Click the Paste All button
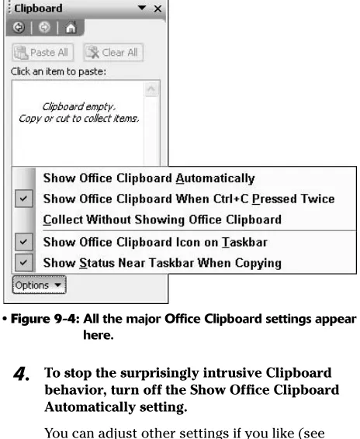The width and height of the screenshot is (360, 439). click(43, 53)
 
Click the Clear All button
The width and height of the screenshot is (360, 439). click(113, 53)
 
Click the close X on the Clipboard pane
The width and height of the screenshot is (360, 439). click(157, 9)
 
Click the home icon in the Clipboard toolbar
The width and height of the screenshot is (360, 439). click(71, 27)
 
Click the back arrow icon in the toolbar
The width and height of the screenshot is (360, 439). click(19, 27)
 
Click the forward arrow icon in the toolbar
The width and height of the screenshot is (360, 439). click(44, 27)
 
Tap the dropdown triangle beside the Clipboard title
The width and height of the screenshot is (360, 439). click(142, 8)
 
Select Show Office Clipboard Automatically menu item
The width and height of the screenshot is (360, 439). click(149, 178)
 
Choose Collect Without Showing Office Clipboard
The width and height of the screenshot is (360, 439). click(162, 219)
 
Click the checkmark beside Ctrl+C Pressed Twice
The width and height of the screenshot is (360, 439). click(24, 199)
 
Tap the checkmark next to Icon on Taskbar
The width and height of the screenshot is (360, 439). click(24, 242)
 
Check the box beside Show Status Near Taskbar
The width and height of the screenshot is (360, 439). click(24, 262)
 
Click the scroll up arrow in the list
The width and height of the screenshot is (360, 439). click(151, 89)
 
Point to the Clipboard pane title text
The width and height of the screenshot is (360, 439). click(38, 9)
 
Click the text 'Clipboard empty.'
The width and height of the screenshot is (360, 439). click(78, 107)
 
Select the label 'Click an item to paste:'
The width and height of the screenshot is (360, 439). click(58, 71)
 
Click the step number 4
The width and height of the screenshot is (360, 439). click(21, 374)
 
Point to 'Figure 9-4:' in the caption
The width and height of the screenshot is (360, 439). click(45, 319)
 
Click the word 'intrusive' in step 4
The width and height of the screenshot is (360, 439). click(232, 373)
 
